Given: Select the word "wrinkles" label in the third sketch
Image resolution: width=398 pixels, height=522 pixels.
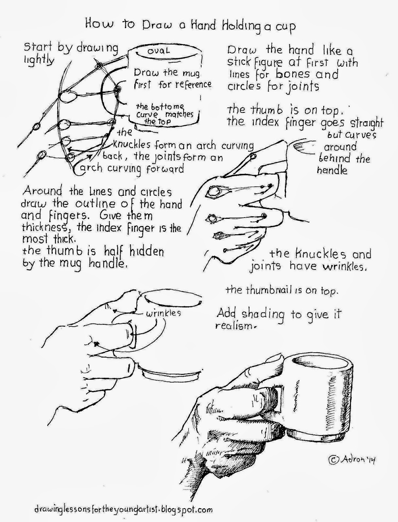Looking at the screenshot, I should pyautogui.click(x=163, y=313).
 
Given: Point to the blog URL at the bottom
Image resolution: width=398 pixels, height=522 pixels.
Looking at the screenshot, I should pyautogui.click(x=120, y=509).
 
